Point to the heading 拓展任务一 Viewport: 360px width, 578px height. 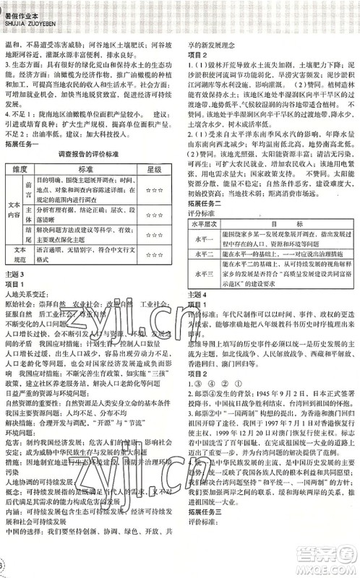[23, 142]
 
